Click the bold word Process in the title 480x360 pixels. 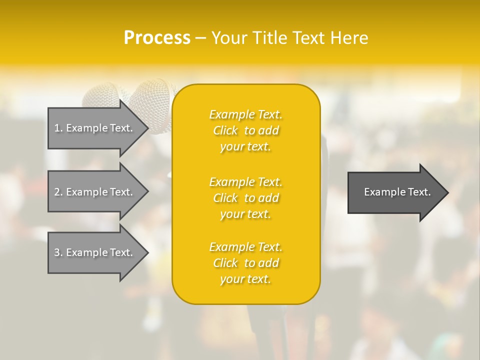pyautogui.click(x=157, y=38)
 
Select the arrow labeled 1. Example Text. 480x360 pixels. pyautogui.click(x=95, y=128)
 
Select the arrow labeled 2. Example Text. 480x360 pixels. pyautogui.click(x=95, y=192)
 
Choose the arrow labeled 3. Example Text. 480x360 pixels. pyautogui.click(x=95, y=252)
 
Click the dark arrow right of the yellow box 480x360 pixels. pyautogui.click(x=395, y=192)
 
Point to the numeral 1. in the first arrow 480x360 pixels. pyautogui.click(x=58, y=128)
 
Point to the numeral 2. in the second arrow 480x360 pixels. pyautogui.click(x=58, y=192)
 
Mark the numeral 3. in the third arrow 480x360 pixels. pyautogui.click(x=58, y=252)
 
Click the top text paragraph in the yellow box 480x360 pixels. pyautogui.click(x=245, y=130)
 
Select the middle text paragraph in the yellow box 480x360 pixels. pyautogui.click(x=245, y=198)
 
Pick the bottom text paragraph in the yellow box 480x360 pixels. pyautogui.click(x=245, y=263)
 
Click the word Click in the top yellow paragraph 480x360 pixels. pyautogui.click(x=225, y=130)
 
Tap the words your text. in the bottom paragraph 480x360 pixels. pyautogui.click(x=245, y=279)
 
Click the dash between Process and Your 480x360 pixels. pyautogui.click(x=200, y=38)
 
